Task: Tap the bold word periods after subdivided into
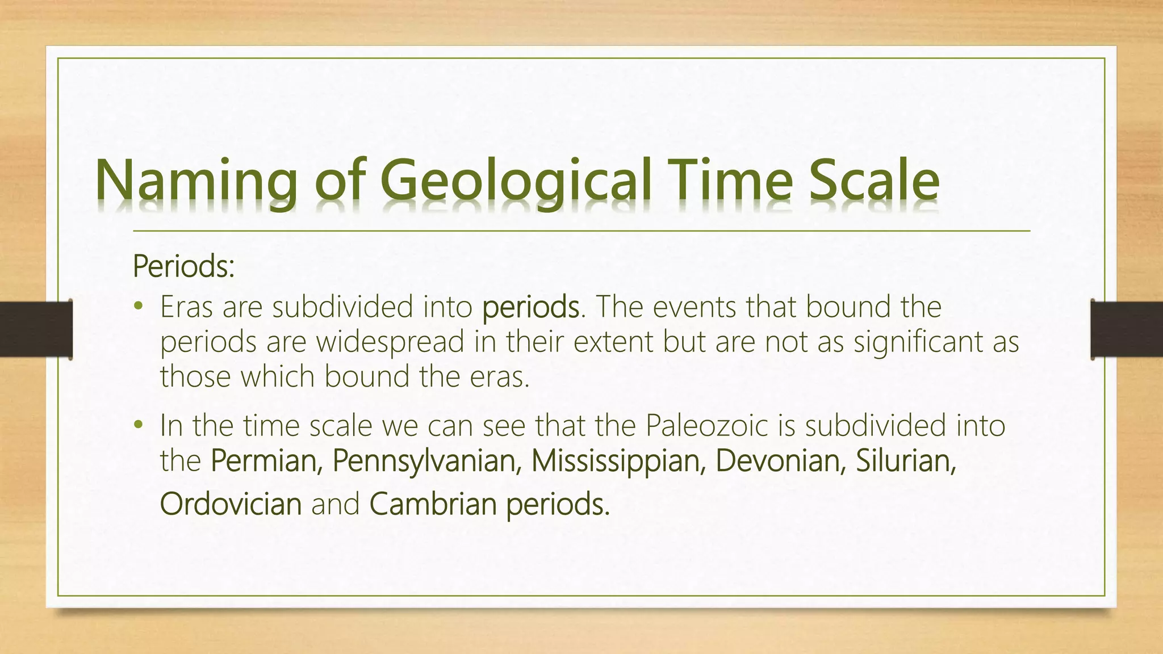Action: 530,308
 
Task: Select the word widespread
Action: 390,342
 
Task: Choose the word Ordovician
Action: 231,504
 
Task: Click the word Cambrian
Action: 433,504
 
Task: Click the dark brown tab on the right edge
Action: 1127,329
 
